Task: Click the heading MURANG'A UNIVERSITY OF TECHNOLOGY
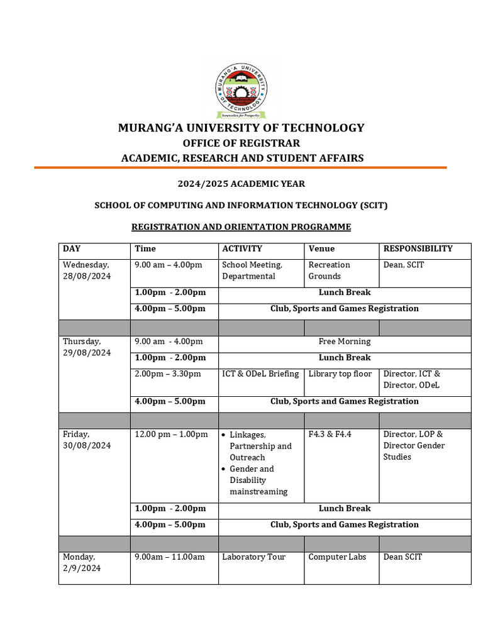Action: click(241, 128)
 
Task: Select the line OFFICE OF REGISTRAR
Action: click(241, 143)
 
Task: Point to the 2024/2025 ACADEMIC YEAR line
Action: click(241, 184)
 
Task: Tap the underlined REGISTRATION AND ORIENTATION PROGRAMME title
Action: click(241, 226)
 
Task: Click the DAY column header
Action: click(72, 249)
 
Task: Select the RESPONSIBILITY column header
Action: click(418, 249)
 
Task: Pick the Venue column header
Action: click(321, 249)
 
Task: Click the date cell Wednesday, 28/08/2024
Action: click(86, 270)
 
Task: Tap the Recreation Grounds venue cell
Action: click(329, 270)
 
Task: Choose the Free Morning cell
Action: click(344, 341)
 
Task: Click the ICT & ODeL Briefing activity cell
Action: click(260, 374)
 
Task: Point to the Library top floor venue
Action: click(340, 374)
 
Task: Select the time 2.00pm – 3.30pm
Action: click(168, 374)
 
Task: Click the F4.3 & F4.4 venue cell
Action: click(330, 435)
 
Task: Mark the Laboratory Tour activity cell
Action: click(253, 557)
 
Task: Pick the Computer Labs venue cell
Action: click(337, 557)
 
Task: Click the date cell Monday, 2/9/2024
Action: click(79, 562)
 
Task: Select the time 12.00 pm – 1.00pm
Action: click(171, 435)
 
